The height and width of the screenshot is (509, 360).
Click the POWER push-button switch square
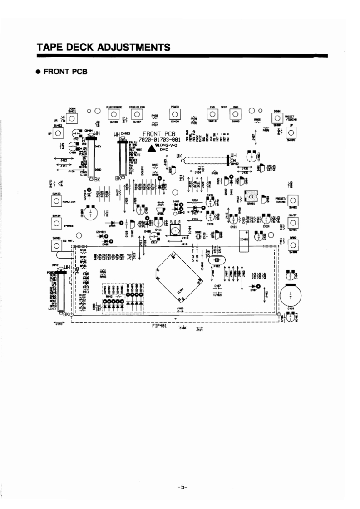[173, 115]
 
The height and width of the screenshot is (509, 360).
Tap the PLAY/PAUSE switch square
[113, 115]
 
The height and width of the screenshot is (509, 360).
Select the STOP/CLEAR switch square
[137, 115]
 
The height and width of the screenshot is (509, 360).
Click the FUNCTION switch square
[56, 201]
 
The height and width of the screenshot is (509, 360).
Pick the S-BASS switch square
[56, 223]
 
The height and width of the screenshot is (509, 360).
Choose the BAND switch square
[292, 245]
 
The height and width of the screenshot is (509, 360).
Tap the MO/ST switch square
[292, 223]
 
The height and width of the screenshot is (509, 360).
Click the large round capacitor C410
[291, 295]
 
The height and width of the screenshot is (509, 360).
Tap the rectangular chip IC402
[244, 239]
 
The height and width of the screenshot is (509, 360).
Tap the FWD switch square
[212, 115]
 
